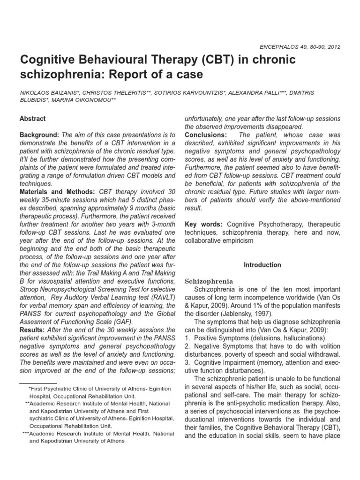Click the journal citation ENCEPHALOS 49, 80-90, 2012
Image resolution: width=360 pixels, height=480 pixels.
(x=300, y=47)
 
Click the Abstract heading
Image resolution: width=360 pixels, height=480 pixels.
(x=33, y=119)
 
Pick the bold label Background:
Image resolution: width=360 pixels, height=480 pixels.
(x=39, y=135)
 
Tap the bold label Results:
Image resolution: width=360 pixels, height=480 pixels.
(x=31, y=330)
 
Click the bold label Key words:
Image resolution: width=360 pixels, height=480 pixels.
(x=202, y=225)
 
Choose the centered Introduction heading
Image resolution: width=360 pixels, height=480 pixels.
(x=262, y=265)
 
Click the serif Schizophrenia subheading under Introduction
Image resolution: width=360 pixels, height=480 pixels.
(x=209, y=281)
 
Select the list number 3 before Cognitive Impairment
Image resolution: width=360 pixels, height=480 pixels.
(x=187, y=362)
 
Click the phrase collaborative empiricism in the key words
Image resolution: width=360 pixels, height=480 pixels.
(x=219, y=241)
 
